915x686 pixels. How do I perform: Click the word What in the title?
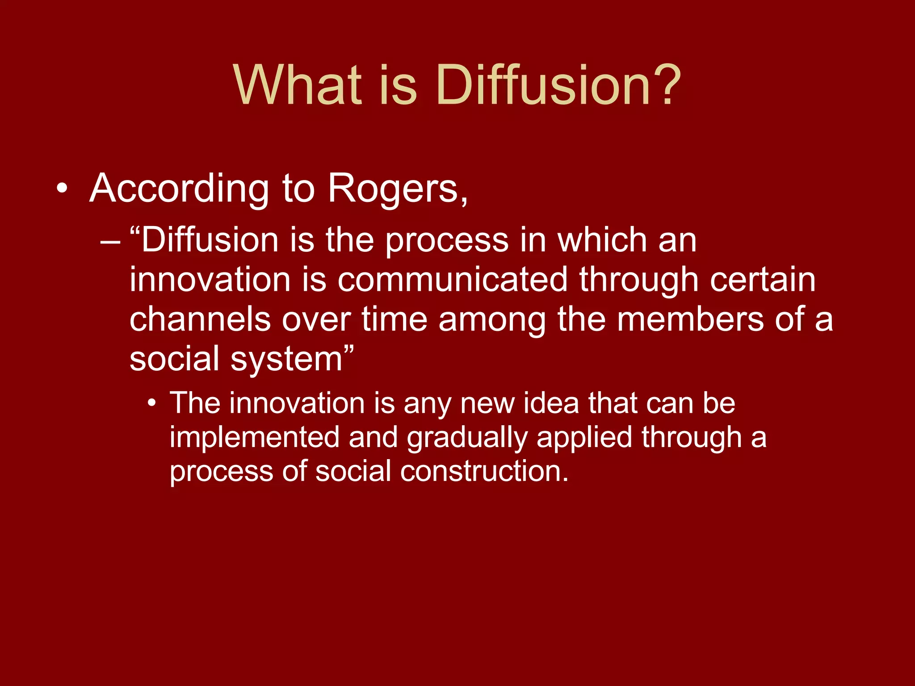click(x=297, y=85)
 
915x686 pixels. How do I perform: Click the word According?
click(x=179, y=189)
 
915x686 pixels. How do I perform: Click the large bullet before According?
click(x=63, y=189)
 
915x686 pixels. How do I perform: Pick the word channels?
click(x=200, y=320)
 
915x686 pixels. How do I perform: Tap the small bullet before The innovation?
click(x=152, y=403)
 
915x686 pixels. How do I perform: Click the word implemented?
click(x=255, y=437)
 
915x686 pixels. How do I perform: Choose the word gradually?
click(x=467, y=438)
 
